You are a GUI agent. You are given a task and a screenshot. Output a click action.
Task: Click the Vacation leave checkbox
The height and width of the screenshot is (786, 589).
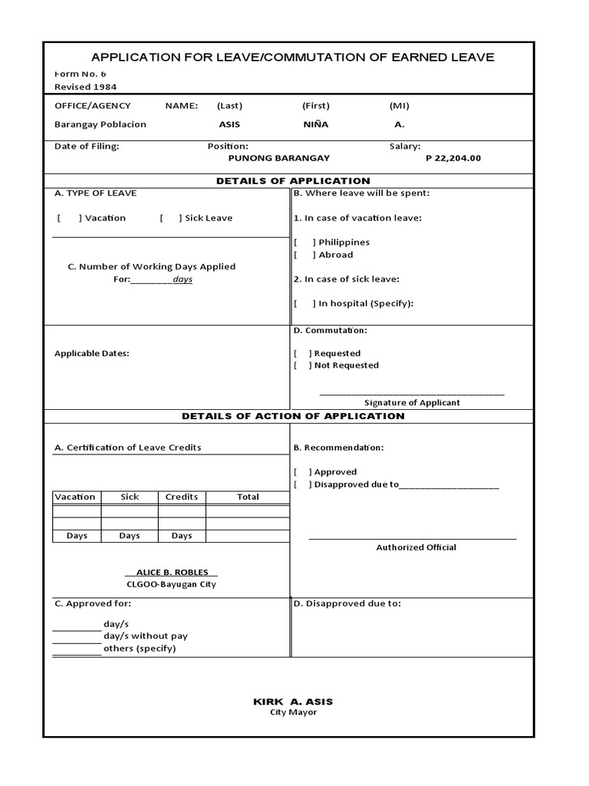(69, 218)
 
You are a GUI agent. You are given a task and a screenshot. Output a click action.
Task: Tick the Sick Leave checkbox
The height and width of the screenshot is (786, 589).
(171, 218)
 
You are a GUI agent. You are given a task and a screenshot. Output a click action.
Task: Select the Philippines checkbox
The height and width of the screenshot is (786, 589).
(304, 243)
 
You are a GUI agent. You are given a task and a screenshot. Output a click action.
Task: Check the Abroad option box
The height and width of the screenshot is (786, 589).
(304, 255)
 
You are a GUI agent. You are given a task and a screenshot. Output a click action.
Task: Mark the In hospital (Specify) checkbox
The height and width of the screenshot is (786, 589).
(304, 304)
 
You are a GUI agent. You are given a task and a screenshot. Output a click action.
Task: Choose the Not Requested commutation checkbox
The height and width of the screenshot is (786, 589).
(302, 365)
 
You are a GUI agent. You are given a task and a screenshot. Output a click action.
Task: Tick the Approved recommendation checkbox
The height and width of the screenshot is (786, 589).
(302, 473)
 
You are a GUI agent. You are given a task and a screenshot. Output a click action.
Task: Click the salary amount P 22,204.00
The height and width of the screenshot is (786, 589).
(452, 158)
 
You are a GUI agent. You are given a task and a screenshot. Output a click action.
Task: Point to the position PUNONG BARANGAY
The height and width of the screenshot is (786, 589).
(279, 158)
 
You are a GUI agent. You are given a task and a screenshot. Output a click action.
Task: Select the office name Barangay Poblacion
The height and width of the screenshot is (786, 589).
(100, 124)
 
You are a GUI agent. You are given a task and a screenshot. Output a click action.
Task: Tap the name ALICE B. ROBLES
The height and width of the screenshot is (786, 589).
(171, 573)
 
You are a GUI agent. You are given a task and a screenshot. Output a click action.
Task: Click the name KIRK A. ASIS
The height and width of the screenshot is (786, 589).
(293, 702)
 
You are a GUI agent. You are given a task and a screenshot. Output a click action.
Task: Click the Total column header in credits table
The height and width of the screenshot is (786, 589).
(248, 497)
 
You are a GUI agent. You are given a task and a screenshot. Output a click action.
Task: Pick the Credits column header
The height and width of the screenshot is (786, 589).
(182, 497)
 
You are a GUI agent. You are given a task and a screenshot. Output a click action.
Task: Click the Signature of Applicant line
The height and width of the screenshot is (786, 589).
(412, 394)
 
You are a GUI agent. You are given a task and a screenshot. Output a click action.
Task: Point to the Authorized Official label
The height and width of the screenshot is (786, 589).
(416, 547)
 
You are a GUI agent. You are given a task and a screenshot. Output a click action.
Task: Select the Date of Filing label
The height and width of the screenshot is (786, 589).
(87, 146)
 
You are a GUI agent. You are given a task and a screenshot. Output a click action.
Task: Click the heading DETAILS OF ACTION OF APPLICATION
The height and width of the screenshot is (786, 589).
(293, 416)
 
